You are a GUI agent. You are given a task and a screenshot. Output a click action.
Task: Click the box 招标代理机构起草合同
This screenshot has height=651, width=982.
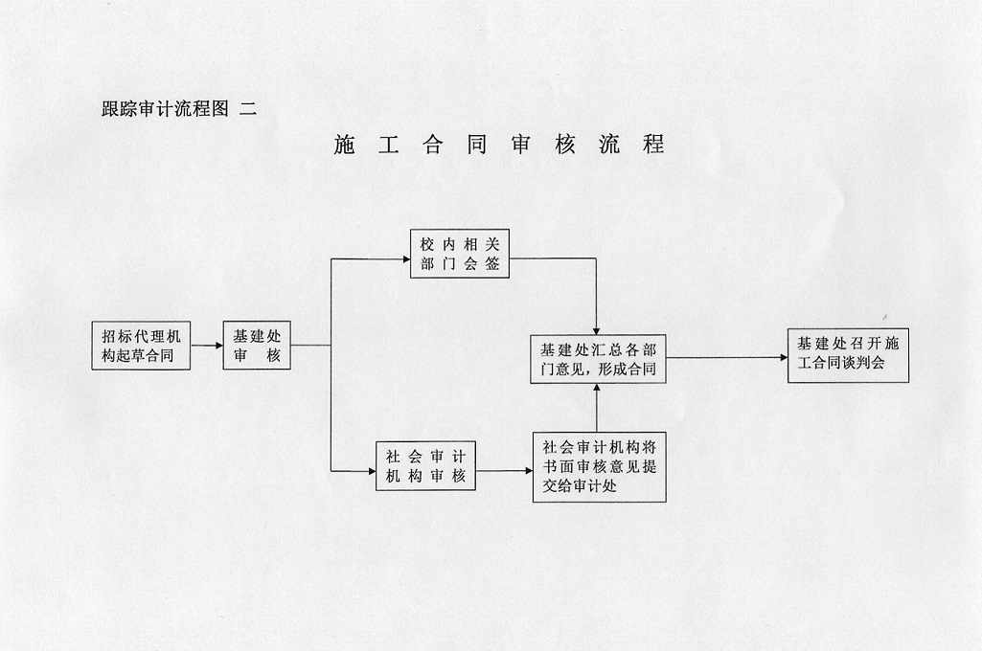[141, 347]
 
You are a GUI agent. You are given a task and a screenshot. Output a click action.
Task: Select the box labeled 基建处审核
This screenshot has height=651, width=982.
[257, 346]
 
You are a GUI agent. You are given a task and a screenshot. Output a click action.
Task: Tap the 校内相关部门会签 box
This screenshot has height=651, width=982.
[460, 254]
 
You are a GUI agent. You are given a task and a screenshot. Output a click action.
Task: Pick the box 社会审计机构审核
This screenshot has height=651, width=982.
[425, 466]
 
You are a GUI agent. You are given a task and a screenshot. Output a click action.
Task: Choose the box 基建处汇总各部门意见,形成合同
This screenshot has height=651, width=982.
[598, 358]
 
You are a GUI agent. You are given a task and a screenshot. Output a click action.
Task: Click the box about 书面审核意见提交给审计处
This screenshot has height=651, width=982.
[600, 466]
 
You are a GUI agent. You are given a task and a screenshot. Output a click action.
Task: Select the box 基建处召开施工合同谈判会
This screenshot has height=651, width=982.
[848, 355]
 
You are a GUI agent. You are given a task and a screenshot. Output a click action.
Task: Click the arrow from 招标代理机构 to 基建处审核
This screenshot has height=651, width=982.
[207, 347]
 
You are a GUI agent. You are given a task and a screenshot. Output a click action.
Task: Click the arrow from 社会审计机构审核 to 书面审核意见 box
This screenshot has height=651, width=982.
[505, 471]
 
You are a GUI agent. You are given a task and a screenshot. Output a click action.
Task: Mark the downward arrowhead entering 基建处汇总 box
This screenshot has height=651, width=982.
[597, 328]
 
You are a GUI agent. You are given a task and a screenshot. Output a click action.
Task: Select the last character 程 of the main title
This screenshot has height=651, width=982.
[653, 146]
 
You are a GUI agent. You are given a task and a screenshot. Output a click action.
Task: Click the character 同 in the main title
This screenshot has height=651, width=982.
[476, 146]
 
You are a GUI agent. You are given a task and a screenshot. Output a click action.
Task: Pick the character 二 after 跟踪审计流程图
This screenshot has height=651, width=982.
[248, 109]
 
